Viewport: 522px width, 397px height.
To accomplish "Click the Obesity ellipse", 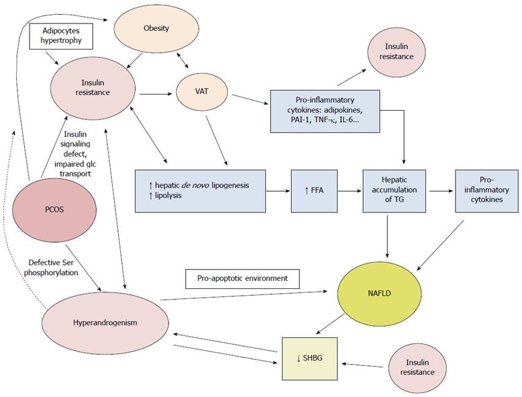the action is tap(156, 28).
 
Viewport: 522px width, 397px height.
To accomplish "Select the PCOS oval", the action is tap(54, 210).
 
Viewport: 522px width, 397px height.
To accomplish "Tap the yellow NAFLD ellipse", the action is tap(380, 294).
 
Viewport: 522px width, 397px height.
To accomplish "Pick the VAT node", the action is tap(202, 91).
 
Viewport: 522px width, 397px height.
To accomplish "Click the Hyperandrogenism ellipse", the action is tap(105, 323).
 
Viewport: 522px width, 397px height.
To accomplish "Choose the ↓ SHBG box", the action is tap(309, 358).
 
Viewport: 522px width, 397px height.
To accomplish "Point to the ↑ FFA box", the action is tap(314, 191).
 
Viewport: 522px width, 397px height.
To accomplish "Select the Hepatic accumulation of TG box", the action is tap(394, 191).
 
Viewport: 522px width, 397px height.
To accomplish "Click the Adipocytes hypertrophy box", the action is tap(61, 36).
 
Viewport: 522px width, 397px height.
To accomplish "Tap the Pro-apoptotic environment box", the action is tap(242, 278).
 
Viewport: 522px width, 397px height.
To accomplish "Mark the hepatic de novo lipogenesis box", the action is tap(200, 191).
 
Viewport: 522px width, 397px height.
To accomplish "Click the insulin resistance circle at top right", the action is tap(396, 52).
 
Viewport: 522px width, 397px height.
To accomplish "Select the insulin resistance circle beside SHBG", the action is tap(417, 367).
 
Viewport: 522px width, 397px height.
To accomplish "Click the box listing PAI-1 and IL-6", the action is tap(325, 111).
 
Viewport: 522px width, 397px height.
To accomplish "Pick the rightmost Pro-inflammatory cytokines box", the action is tap(486, 191).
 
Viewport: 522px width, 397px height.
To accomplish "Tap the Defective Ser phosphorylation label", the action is tap(53, 268).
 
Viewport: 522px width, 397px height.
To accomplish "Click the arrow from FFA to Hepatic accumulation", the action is tap(350, 191).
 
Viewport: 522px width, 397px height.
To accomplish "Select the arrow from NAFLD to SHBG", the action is tap(330, 323).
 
